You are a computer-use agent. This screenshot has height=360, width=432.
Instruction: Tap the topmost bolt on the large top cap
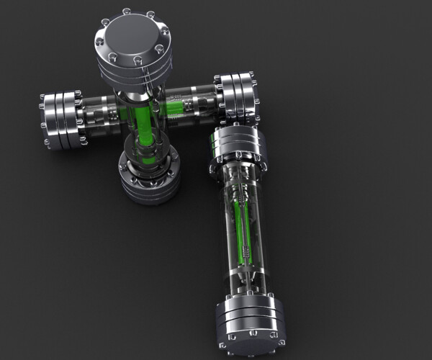tap(127, 12)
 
